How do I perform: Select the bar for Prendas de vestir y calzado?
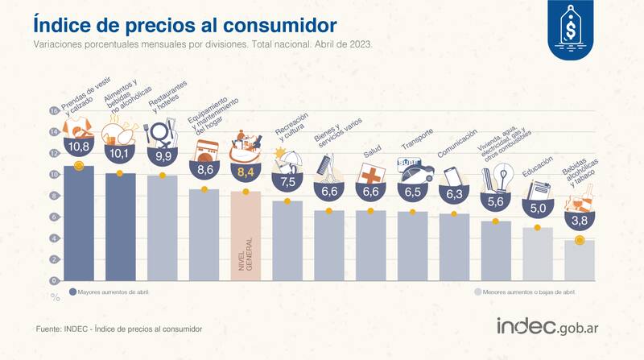click(78, 226)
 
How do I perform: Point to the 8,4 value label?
click(246, 171)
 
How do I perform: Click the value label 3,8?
click(580, 220)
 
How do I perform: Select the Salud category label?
click(372, 151)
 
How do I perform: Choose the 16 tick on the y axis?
click(54, 111)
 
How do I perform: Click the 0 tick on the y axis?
click(55, 280)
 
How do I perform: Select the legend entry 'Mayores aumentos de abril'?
click(110, 292)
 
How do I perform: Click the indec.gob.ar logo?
click(551, 327)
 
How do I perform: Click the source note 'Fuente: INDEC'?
click(118, 329)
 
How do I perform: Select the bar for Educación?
click(538, 254)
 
